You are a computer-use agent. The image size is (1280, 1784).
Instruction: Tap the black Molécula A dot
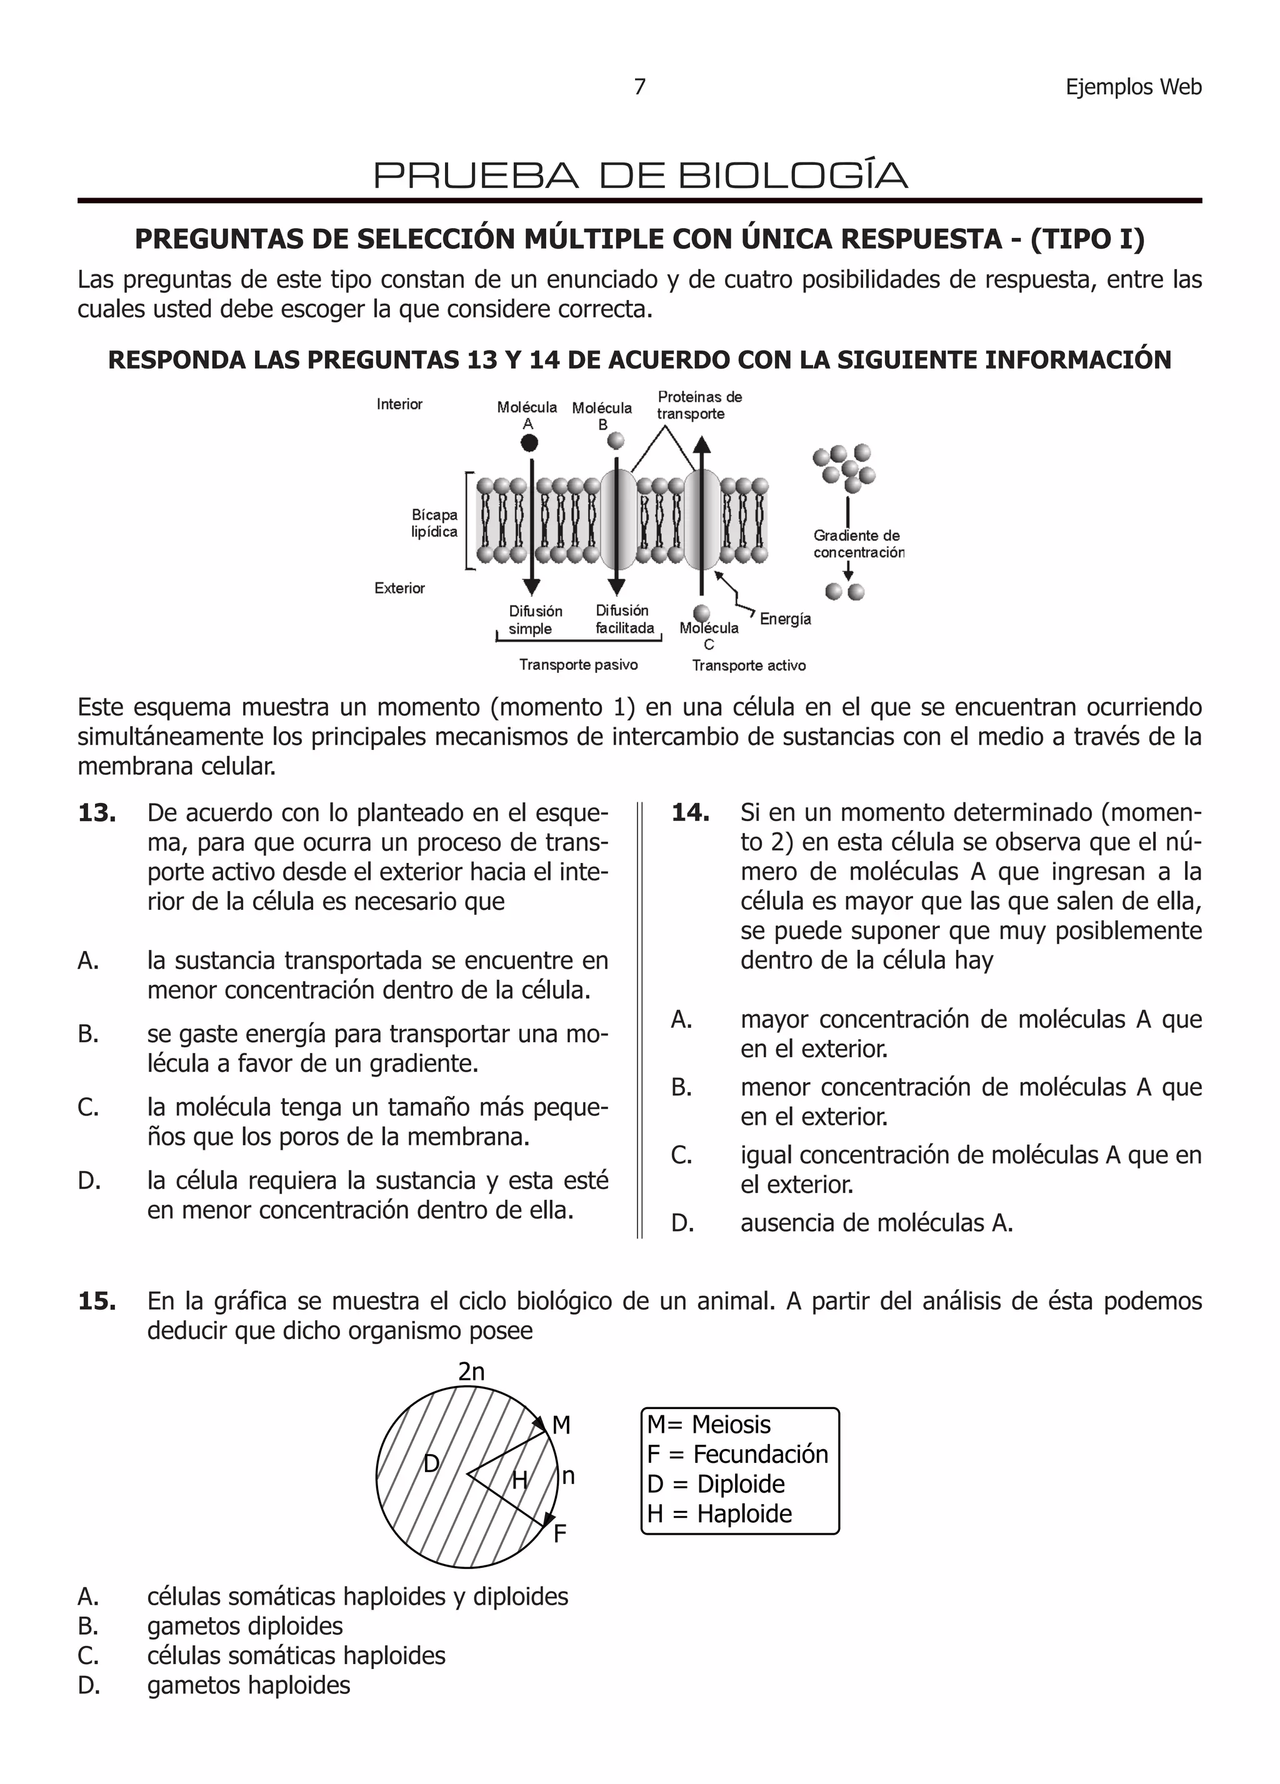529,443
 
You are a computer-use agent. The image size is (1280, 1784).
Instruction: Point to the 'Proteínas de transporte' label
699,405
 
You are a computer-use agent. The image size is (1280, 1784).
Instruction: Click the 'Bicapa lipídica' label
434,523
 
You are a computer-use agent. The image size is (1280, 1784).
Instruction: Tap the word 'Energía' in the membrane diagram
784,619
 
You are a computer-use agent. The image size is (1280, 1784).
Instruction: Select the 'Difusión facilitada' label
624,619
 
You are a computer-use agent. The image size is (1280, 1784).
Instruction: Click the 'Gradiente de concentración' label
857,544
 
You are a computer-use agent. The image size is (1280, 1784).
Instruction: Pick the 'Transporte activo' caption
748,665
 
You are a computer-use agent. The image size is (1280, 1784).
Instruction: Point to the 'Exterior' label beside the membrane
399,589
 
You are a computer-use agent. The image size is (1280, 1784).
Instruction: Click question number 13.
97,812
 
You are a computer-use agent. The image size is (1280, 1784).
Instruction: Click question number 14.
690,812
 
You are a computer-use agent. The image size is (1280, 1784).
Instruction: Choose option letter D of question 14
681,1222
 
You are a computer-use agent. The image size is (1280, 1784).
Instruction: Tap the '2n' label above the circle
471,1372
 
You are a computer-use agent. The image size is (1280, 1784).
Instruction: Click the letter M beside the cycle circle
561,1425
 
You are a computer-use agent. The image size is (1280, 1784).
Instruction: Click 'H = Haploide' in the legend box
719,1513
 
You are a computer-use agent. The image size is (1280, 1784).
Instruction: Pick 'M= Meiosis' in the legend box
708,1425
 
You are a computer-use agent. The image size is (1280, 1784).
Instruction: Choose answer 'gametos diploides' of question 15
244,1626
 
